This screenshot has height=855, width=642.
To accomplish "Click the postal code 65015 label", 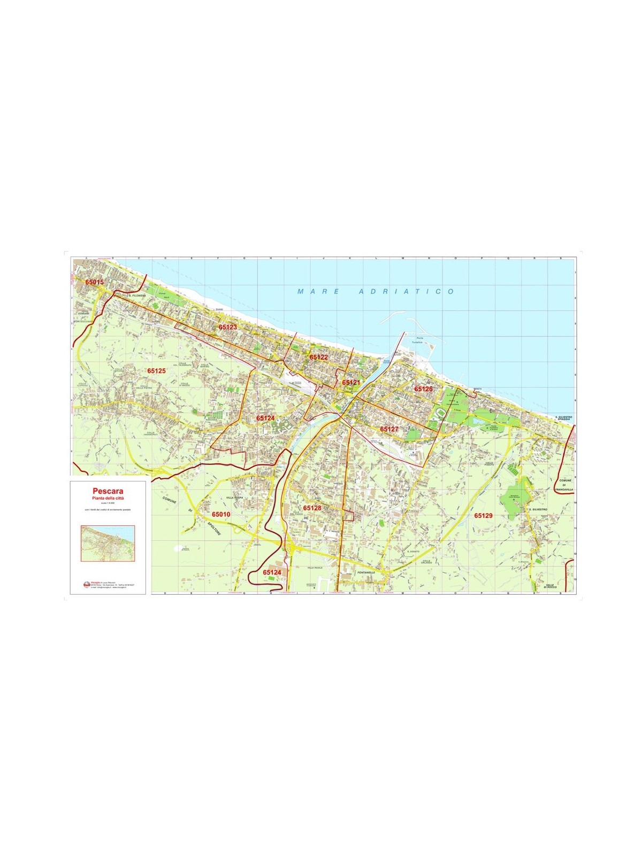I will pyautogui.click(x=94, y=282).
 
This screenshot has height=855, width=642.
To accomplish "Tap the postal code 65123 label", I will pyautogui.click(x=227, y=327).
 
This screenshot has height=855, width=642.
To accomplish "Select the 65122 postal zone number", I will pyautogui.click(x=318, y=357).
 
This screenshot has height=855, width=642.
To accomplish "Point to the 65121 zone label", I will pyautogui.click(x=351, y=383).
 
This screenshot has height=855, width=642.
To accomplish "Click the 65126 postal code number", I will pyautogui.click(x=423, y=389).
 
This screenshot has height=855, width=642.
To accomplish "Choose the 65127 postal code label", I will pyautogui.click(x=389, y=429).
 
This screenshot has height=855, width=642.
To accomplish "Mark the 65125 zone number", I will pyautogui.click(x=157, y=370).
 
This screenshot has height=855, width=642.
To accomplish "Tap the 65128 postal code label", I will pyautogui.click(x=312, y=508).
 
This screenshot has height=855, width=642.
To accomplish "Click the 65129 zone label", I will pyautogui.click(x=483, y=516).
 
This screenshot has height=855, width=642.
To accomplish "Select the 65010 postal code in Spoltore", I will pyautogui.click(x=221, y=515).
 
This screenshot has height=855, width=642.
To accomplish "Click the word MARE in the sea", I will pyautogui.click(x=318, y=292).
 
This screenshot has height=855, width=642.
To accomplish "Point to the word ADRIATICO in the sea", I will pyautogui.click(x=406, y=292).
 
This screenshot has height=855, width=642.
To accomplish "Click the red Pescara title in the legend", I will pyautogui.click(x=108, y=491).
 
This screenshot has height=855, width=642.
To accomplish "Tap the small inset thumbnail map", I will pyautogui.click(x=108, y=543).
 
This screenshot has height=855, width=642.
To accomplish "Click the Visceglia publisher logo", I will pyautogui.click(x=87, y=584).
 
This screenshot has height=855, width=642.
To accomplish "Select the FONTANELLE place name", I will pyautogui.click(x=366, y=572).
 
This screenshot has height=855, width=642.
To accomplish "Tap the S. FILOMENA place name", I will pyautogui.click(x=137, y=295).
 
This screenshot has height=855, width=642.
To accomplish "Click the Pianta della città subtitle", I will pyautogui.click(x=108, y=498).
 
